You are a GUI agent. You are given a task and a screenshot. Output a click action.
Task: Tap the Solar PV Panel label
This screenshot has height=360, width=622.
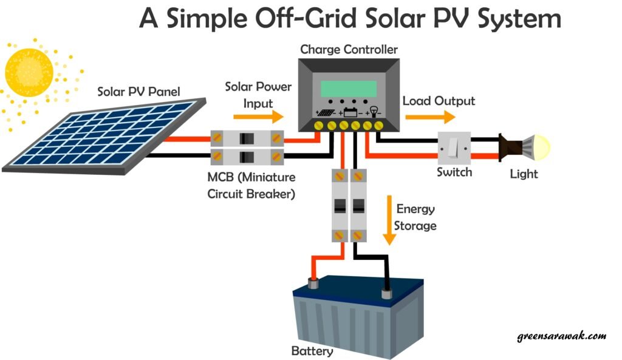(x=139, y=92)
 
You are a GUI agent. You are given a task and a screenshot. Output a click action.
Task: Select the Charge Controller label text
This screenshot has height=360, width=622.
(x=349, y=48)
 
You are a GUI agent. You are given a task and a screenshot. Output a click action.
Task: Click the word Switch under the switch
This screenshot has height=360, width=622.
(x=454, y=172)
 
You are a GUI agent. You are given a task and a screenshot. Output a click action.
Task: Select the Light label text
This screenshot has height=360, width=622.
(x=524, y=174)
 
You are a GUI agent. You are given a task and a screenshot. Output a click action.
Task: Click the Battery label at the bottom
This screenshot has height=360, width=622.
(x=312, y=352)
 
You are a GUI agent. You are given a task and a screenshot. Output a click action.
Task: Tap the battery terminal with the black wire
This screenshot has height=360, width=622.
(x=385, y=294)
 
